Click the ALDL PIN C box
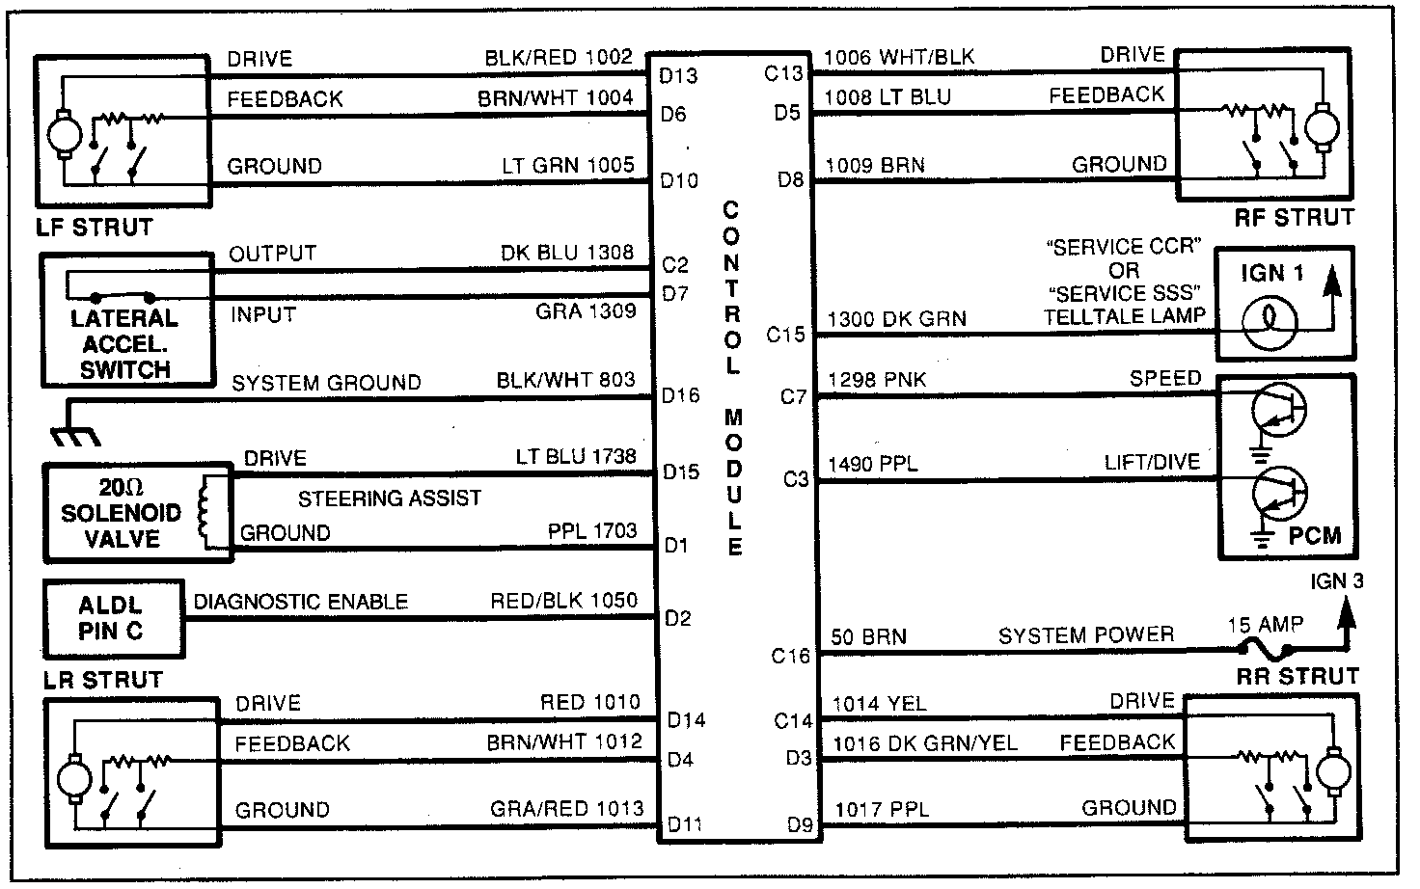click(x=112, y=619)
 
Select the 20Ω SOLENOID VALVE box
click(x=122, y=512)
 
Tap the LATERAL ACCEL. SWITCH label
click(x=125, y=344)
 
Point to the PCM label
click(x=1314, y=535)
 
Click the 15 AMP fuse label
click(x=1265, y=625)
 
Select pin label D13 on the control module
click(x=678, y=76)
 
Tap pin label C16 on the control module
click(x=790, y=657)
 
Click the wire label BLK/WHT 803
click(x=565, y=380)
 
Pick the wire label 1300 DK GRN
click(x=896, y=319)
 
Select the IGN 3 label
click(x=1337, y=582)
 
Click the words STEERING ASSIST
click(x=389, y=498)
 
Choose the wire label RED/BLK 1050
click(x=563, y=601)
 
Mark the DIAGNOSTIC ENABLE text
click(x=301, y=602)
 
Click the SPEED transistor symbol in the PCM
click(x=1278, y=410)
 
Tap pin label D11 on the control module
click(x=684, y=825)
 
